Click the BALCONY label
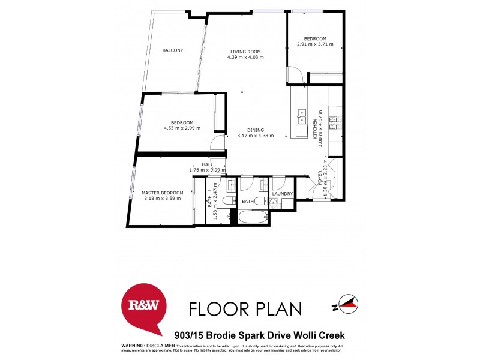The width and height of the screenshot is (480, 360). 173,50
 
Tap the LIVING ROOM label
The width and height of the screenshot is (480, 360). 245,51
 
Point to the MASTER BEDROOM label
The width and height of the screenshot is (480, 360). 162,193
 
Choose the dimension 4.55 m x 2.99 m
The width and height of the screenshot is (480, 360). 182,128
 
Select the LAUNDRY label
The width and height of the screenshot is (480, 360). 282,194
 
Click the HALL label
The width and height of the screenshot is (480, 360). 208,164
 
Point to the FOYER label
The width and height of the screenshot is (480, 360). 320,178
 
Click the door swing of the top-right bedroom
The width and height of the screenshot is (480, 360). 295,74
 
